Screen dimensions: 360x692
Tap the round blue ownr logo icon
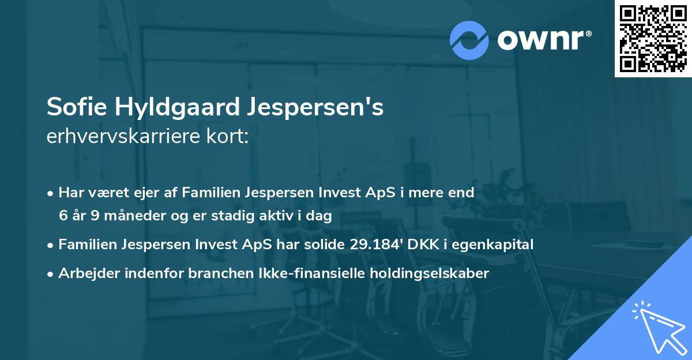click(469, 39)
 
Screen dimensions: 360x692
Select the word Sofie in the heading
click(72, 108)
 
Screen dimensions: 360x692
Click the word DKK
click(424, 245)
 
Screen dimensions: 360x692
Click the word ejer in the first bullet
click(149, 193)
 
